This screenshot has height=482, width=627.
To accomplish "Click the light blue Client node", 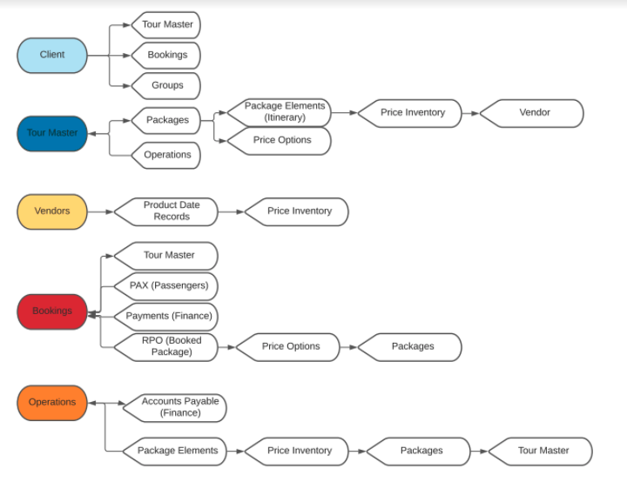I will pyautogui.click(x=52, y=55).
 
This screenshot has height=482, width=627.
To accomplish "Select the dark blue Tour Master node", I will pyautogui.click(x=52, y=133).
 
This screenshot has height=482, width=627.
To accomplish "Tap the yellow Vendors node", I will pyautogui.click(x=52, y=211).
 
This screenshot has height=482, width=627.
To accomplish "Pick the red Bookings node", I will pyautogui.click(x=52, y=311).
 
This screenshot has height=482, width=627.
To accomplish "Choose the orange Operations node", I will pyautogui.click(x=52, y=403).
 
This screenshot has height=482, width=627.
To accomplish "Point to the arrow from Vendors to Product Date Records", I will pyautogui.click(x=101, y=211).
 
